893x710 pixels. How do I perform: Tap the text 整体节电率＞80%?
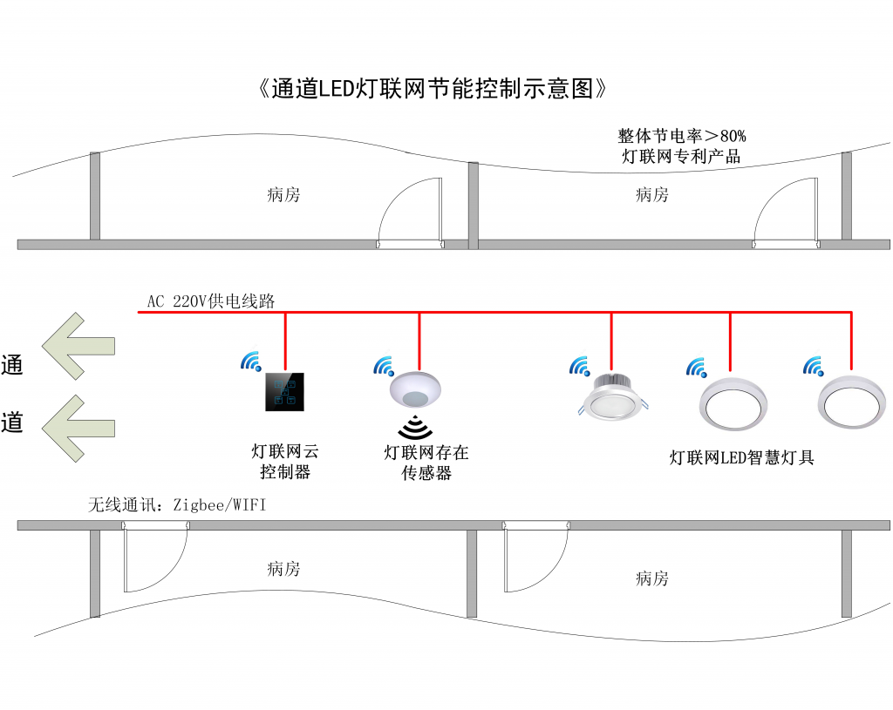[681, 136]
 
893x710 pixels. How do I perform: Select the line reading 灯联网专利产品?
[681, 157]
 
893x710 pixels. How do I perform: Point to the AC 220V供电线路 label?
[211, 301]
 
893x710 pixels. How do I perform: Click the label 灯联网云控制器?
[285, 462]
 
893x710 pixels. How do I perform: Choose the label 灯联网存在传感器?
[426, 463]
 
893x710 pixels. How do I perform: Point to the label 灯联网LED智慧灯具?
[741, 457]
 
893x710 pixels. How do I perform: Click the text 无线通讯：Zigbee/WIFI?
[176, 504]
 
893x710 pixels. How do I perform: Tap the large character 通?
[12, 365]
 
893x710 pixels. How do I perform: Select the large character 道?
[12, 423]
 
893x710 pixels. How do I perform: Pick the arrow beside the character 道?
[79, 427]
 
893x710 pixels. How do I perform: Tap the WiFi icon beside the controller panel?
[251, 362]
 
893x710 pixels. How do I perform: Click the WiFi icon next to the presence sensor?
[384, 366]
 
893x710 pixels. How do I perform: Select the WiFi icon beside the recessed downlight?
[579, 366]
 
